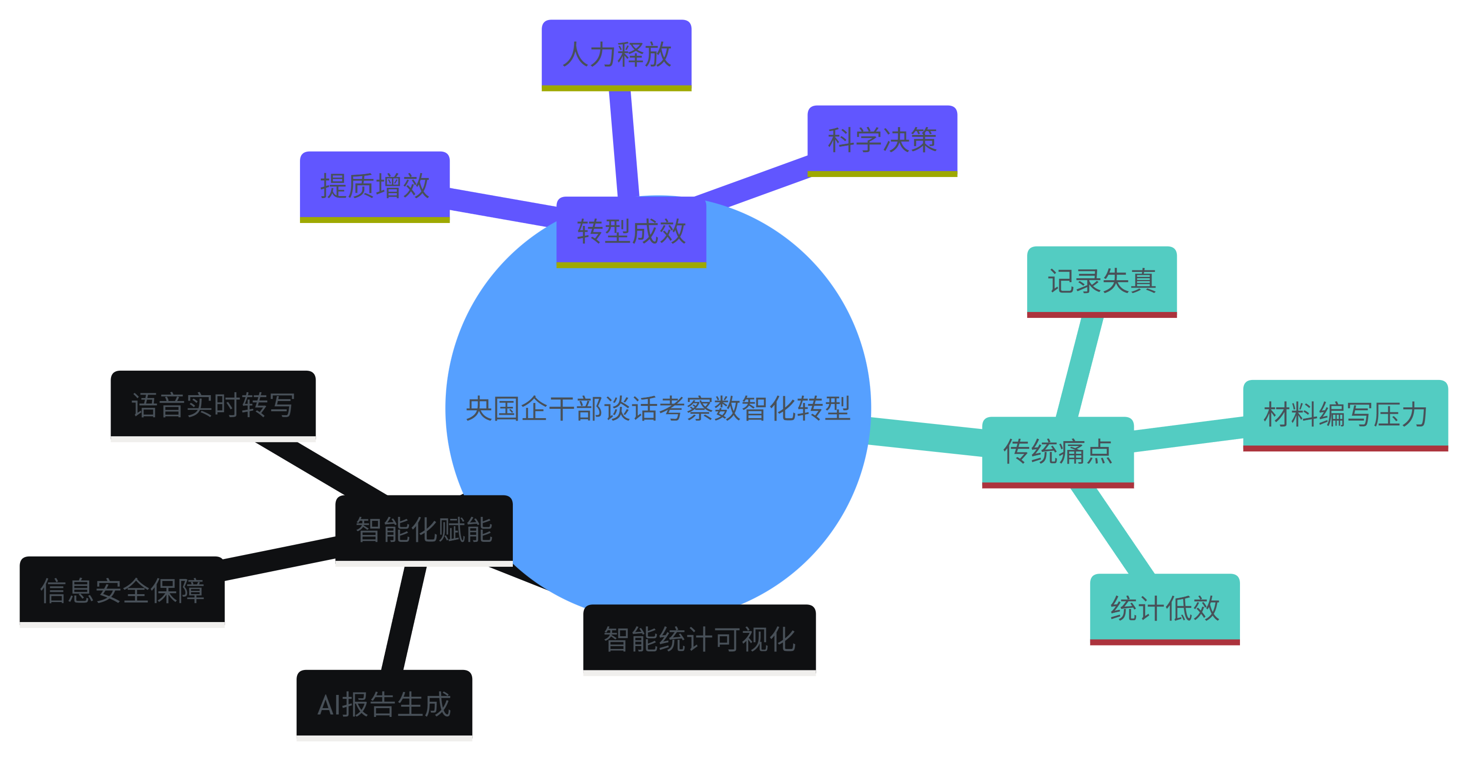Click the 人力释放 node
pyautogui.click(x=616, y=54)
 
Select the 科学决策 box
pyautogui.click(x=882, y=139)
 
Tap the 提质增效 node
pyautogui.click(x=374, y=186)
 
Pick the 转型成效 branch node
pyautogui.click(x=631, y=231)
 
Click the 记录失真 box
pyautogui.click(x=1101, y=281)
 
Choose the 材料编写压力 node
pyautogui.click(x=1345, y=414)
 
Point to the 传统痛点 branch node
pyautogui.click(x=1057, y=451)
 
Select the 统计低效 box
pyautogui.click(x=1164, y=608)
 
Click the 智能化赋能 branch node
pyautogui.click(x=423, y=529)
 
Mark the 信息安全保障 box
pyautogui.click(x=122, y=590)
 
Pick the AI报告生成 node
pyautogui.click(x=384, y=704)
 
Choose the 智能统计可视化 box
pyautogui.click(x=699, y=638)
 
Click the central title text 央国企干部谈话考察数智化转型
pyautogui.click(x=658, y=408)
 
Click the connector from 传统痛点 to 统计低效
pyautogui.click(x=1112, y=530)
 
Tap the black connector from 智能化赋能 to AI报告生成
pyautogui.click(x=404, y=618)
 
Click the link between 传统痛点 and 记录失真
pyautogui.click(x=1080, y=367)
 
